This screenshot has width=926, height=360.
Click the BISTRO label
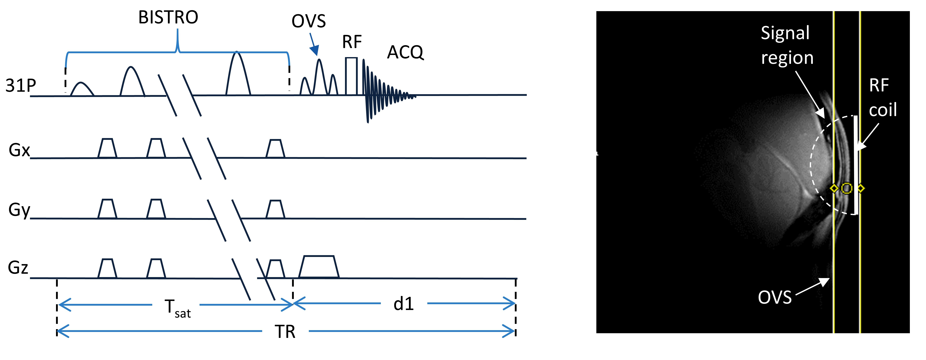168,17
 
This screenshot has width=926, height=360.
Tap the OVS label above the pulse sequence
309,21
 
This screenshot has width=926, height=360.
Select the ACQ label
405,52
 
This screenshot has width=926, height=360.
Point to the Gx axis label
19,150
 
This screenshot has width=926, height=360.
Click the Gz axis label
18,268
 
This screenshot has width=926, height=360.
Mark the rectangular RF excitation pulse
351,76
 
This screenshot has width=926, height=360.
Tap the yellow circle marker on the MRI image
847,188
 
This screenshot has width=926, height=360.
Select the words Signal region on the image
787,45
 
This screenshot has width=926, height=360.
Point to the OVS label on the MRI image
775,297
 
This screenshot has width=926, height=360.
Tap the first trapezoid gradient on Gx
107,148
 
